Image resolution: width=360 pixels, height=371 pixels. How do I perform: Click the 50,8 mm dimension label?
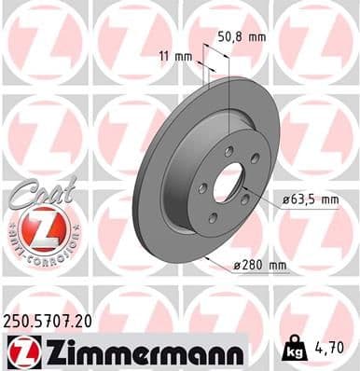[241, 36]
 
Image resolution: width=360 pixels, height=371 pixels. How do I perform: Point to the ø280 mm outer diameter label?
[265, 266]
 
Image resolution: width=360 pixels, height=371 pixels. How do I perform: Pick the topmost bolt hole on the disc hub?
[228, 149]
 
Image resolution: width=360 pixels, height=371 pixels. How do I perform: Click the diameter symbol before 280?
[238, 267]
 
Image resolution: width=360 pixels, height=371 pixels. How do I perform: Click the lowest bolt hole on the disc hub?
[213, 218]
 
